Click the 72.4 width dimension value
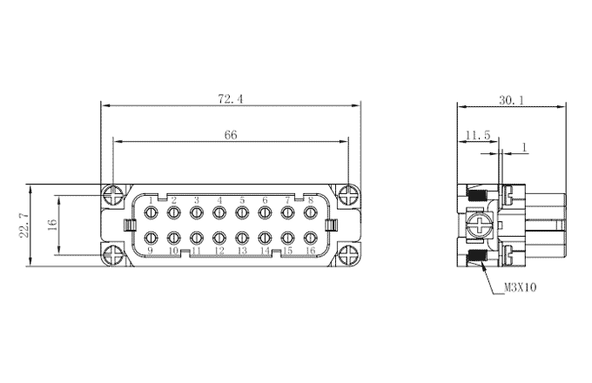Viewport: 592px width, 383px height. [x=231, y=99]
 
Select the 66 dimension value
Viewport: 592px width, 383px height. [x=231, y=135]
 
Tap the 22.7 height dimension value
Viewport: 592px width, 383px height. [x=24, y=225]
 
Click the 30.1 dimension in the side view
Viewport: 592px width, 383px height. [x=512, y=100]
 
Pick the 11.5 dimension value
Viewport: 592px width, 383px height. [x=478, y=135]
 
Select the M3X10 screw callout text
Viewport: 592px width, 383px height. [x=521, y=287]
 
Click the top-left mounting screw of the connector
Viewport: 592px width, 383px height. [x=113, y=196]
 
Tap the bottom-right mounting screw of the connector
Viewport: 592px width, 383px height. [x=347, y=256]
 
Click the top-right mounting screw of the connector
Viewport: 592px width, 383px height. [x=347, y=196]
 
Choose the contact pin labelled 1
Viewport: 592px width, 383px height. [x=151, y=212]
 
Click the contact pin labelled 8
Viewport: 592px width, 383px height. [x=310, y=212]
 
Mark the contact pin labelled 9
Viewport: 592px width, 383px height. [x=151, y=238]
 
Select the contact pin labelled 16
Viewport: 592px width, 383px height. [x=310, y=238]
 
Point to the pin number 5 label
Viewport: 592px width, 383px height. [x=242, y=200]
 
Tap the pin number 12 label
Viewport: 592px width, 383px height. [x=219, y=251]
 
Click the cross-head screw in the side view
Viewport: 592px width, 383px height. [x=480, y=226]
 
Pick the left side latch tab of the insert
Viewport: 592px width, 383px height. [x=130, y=225]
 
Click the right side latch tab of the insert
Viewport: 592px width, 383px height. [x=331, y=225]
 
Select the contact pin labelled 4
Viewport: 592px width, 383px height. [x=219, y=212]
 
